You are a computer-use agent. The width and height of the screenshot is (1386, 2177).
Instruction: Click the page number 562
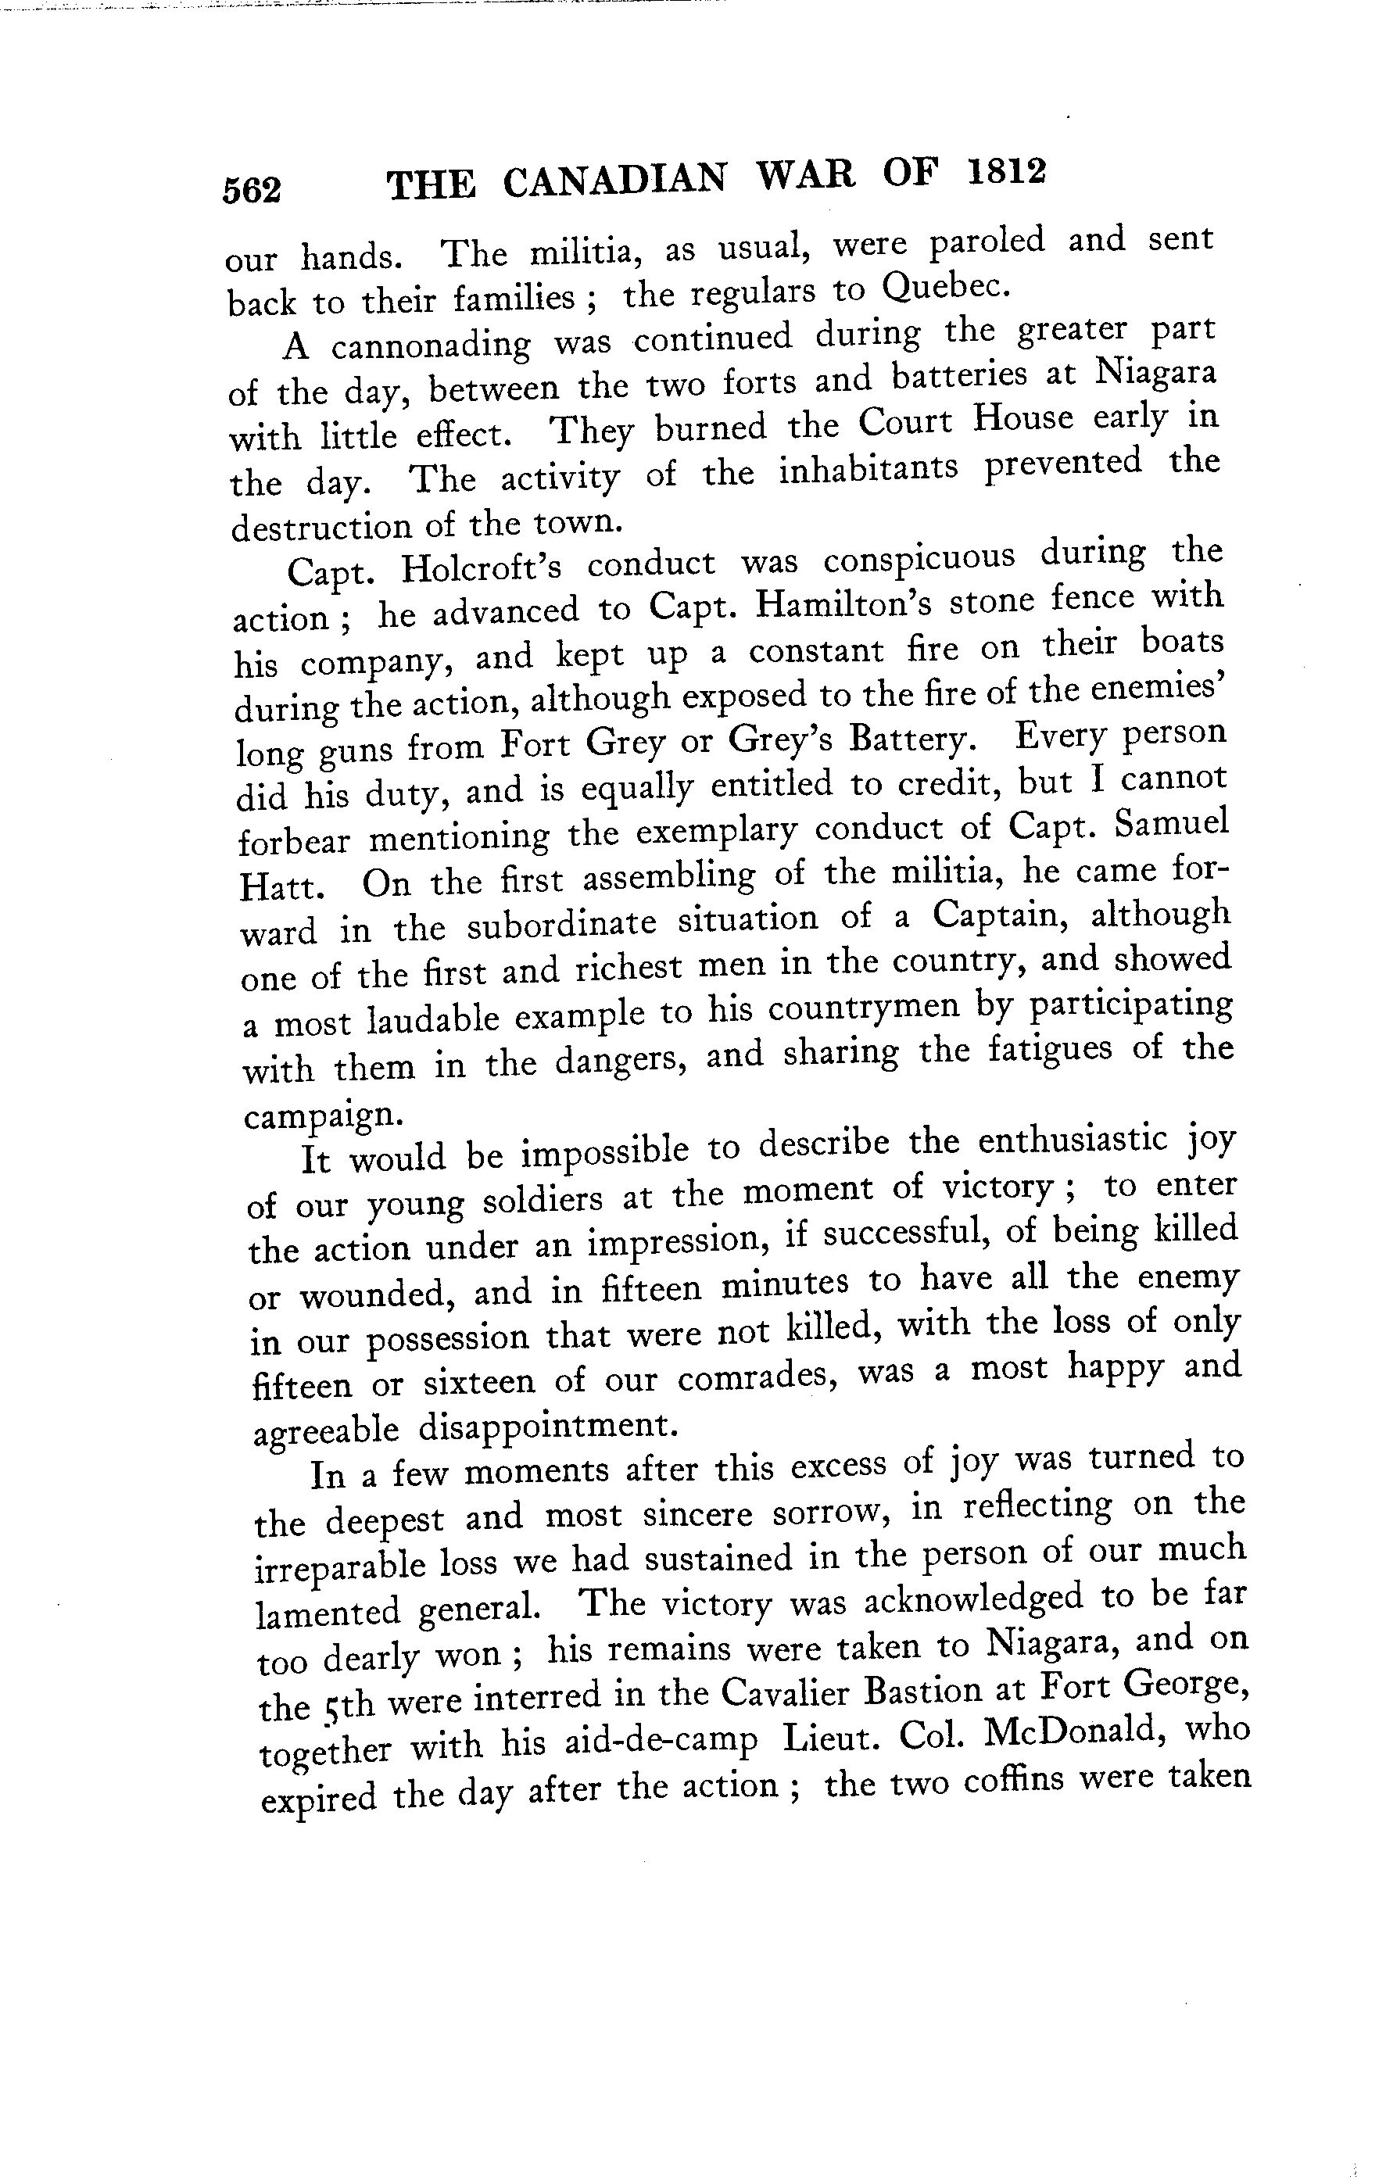pos(252,190)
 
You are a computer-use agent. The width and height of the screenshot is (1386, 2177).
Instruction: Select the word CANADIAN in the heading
pos(614,181)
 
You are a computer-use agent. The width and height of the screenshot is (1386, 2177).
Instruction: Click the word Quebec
pos(945,288)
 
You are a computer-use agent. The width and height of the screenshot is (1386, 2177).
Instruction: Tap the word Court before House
pos(906,422)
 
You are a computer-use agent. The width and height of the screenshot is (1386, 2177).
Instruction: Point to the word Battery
pos(913,739)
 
